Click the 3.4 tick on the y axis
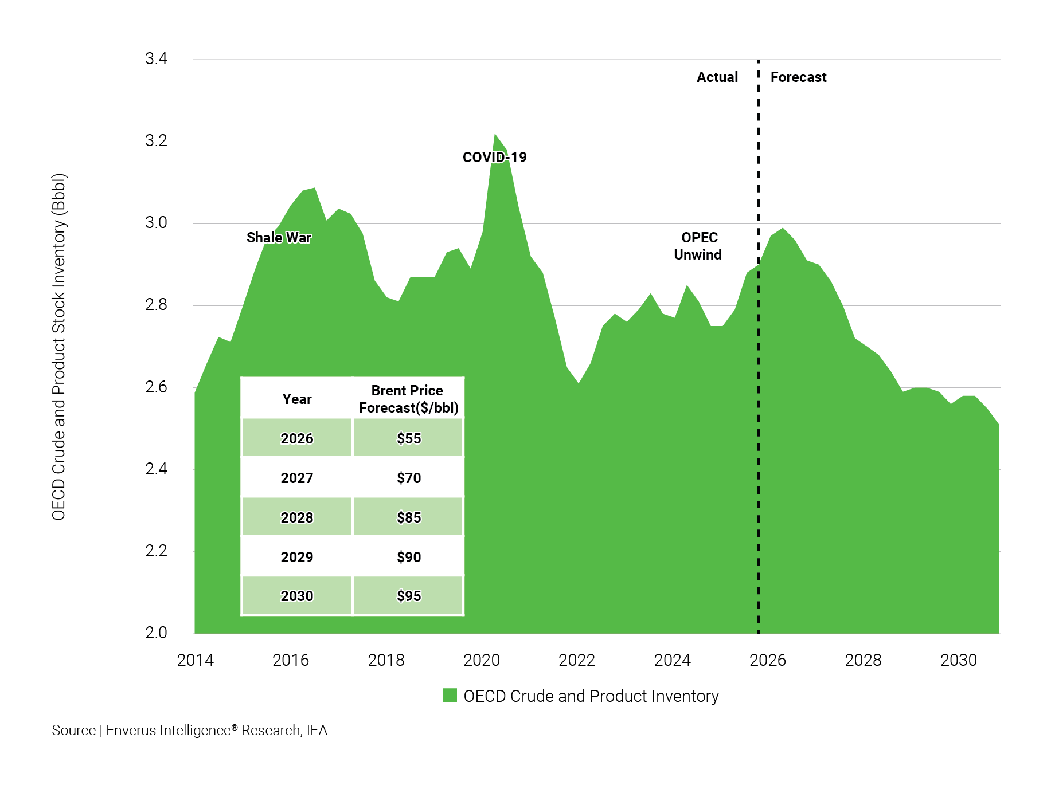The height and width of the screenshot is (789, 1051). click(156, 59)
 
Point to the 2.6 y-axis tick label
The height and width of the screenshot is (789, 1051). click(156, 387)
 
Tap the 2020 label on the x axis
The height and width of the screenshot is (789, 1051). click(481, 660)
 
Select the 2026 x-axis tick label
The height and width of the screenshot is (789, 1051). click(767, 660)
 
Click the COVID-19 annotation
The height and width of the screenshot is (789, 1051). click(494, 158)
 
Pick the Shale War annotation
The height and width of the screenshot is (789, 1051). click(279, 238)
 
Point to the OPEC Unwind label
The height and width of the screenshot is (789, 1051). click(698, 246)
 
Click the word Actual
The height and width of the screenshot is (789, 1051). click(717, 77)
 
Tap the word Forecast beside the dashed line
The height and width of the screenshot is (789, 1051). click(798, 77)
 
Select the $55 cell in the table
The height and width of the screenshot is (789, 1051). click(408, 438)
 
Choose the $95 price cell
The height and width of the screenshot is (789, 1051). click(408, 596)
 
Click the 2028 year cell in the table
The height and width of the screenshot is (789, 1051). click(296, 517)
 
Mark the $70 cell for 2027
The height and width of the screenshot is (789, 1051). click(408, 478)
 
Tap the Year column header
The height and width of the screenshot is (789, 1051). click(296, 399)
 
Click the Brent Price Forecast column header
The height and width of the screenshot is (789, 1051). click(408, 399)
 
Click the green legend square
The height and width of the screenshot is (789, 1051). click(450, 696)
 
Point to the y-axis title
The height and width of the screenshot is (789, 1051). click(59, 347)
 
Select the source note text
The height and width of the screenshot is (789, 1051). click(189, 731)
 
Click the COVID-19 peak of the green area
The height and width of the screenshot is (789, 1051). click(495, 135)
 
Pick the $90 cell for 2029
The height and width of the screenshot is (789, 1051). click(408, 557)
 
